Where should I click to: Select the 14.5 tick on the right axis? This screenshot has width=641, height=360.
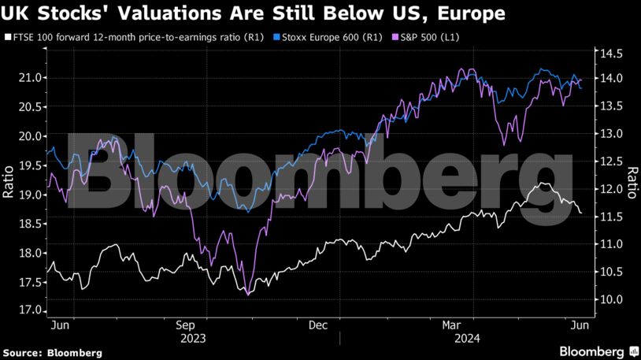[609, 54]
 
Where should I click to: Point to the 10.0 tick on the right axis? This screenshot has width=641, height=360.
[609, 299]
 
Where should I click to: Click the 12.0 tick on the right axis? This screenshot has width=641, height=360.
[609, 189]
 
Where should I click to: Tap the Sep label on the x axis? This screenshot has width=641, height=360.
[186, 325]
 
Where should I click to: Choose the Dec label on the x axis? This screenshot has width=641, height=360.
[318, 325]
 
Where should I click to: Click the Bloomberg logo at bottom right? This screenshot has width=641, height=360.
[592, 350]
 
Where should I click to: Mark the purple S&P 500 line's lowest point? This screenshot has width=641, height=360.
[248, 295]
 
